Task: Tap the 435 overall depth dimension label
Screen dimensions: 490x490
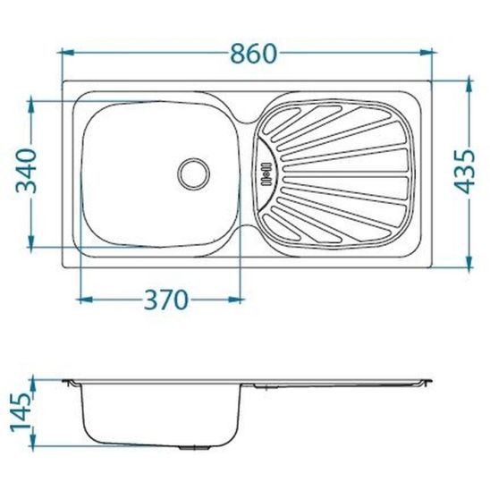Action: coord(467,171)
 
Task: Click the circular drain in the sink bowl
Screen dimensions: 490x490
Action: coord(194,171)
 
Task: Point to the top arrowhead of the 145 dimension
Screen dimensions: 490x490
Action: coord(31,381)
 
